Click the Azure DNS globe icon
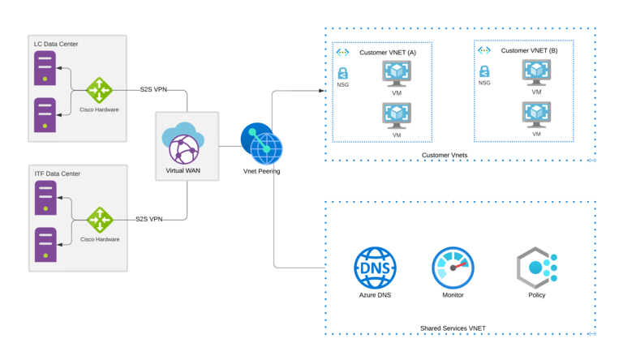[x=374, y=268]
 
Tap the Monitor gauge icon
[x=452, y=268]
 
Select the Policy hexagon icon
[x=536, y=268]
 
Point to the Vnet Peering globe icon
[x=261, y=144]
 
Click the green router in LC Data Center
[x=100, y=89]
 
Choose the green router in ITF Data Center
[x=101, y=219]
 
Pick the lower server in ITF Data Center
[x=45, y=245]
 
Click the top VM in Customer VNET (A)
[x=397, y=74]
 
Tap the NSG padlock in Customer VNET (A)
[x=343, y=73]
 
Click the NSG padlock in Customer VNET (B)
[x=484, y=71]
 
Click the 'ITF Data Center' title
[x=57, y=174]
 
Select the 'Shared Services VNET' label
[x=453, y=328]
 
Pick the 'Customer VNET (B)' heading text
[x=530, y=50]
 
